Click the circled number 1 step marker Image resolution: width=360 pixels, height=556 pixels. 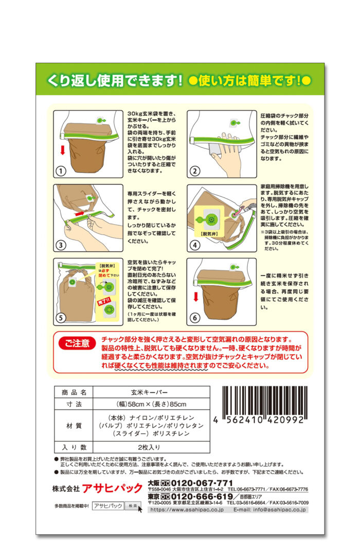coord(61,171)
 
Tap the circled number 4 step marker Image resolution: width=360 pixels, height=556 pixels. coord(195,245)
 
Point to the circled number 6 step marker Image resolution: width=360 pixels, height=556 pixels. coord(194,318)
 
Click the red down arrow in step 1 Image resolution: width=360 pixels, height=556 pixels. coord(63,150)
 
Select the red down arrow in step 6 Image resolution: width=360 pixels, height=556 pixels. coord(195,296)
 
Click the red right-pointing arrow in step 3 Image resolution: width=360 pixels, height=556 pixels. coord(80,213)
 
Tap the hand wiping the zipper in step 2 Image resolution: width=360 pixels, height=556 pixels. coord(227,153)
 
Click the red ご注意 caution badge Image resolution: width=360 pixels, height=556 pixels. coord(77,343)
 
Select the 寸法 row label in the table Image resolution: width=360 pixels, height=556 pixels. coord(74,404)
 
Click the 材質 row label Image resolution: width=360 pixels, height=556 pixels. coord(74,425)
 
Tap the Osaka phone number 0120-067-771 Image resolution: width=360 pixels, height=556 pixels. coord(202,483)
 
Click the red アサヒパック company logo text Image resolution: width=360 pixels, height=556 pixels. coord(112,488)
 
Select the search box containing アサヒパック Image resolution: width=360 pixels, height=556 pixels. coord(109,506)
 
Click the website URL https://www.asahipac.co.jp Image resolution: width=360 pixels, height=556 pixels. coord(187,510)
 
